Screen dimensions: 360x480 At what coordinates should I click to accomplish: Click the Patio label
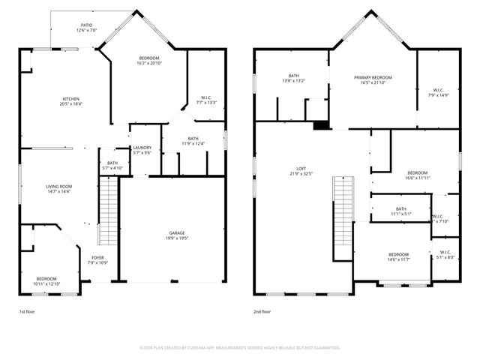pos(87,25)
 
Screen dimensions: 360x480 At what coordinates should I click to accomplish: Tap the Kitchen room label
pos(71,99)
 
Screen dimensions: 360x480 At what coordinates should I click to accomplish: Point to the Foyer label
pos(98,258)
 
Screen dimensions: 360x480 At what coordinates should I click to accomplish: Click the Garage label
pos(176,233)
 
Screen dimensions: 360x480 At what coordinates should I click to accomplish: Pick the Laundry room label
pos(142,148)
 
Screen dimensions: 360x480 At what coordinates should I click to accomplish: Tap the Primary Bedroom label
pos(373,77)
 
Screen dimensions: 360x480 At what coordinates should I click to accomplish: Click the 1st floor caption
pos(26,311)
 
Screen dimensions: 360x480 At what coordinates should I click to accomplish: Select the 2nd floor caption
pos(262,311)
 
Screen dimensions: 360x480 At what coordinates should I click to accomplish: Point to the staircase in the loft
pos(343,210)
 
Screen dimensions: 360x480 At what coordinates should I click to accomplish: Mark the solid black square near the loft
pos(320,125)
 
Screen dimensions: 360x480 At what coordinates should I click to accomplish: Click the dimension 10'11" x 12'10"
pos(46,284)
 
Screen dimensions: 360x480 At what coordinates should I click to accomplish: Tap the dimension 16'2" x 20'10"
pos(148,63)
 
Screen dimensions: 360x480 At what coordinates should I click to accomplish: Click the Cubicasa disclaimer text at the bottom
pos(240,348)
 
